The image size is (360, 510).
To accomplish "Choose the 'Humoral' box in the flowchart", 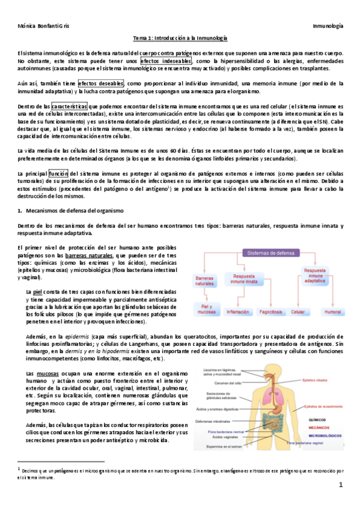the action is (332, 312).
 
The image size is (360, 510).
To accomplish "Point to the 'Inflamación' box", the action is (237, 312).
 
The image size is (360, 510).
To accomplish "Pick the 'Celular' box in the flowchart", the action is (297, 312).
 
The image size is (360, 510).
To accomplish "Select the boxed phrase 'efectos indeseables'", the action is (166, 61).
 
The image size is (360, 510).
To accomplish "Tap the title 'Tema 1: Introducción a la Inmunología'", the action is (180, 38).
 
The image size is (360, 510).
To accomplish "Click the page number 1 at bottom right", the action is (340, 485).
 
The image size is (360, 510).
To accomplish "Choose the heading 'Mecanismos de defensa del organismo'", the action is (75, 211).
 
